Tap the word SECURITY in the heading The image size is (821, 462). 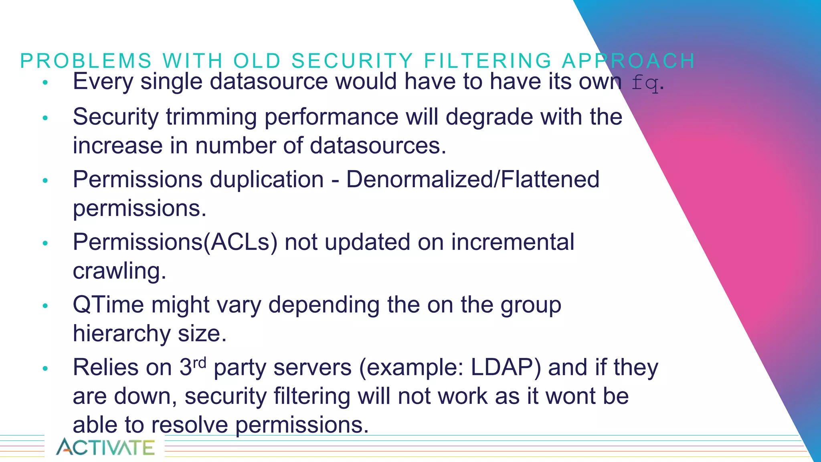click(352, 61)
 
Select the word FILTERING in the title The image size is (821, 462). click(488, 61)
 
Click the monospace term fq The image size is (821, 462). click(645, 83)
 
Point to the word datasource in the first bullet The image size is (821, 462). click(269, 81)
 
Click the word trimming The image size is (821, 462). click(211, 117)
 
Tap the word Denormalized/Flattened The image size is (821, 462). click(473, 179)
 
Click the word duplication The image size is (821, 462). click(267, 179)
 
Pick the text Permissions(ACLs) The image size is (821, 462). click(175, 242)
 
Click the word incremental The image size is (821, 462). click(513, 242)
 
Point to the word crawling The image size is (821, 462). click(119, 271)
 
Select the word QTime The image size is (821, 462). click(108, 305)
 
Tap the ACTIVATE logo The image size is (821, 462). click(105, 447)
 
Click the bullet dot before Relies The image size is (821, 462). click(45, 368)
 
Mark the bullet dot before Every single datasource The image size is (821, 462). click(45, 83)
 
